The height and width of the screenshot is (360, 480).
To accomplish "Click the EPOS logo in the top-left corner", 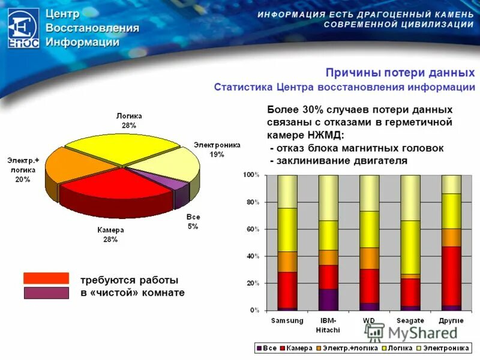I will [x=23, y=28].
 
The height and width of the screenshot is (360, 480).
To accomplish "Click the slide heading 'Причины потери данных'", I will [x=400, y=73].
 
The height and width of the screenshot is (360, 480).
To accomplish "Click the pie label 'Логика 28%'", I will [x=129, y=121].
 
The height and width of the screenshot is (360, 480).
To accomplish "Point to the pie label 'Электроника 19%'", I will [x=217, y=149].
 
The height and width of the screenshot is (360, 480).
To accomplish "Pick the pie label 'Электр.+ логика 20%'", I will [x=23, y=170].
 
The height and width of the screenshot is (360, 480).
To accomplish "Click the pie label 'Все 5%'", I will [x=193, y=221].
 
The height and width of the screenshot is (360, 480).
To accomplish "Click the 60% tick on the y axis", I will [x=251, y=229].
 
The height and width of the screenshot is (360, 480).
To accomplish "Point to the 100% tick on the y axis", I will [x=250, y=175].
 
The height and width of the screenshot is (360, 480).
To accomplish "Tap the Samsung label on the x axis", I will [x=287, y=320].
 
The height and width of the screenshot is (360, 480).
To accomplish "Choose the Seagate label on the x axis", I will [x=410, y=320].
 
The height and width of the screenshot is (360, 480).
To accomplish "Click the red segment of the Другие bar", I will [x=451, y=276].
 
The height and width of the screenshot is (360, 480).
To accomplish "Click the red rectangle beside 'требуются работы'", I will [x=46, y=278].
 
